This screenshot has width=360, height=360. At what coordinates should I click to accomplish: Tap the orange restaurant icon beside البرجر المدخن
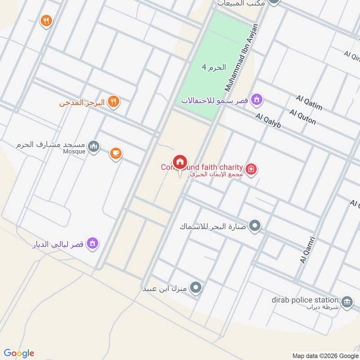[114, 102]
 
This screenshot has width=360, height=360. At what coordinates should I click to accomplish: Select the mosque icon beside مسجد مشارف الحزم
[94, 146]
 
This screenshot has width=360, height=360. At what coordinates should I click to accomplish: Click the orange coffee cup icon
[116, 154]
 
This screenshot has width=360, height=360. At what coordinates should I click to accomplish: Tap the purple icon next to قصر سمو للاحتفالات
[256, 99]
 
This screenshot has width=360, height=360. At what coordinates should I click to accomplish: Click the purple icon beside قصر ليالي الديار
[93, 243]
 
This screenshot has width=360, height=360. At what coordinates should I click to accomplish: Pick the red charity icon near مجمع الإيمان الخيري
[252, 169]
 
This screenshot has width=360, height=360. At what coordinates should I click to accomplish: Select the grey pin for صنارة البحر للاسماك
[255, 225]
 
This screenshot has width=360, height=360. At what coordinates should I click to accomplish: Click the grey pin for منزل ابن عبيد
[195, 287]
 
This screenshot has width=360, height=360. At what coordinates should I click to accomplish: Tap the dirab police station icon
[347, 301]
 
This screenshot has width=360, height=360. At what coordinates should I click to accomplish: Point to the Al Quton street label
[303, 117]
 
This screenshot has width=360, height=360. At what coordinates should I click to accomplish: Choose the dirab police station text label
[305, 300]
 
